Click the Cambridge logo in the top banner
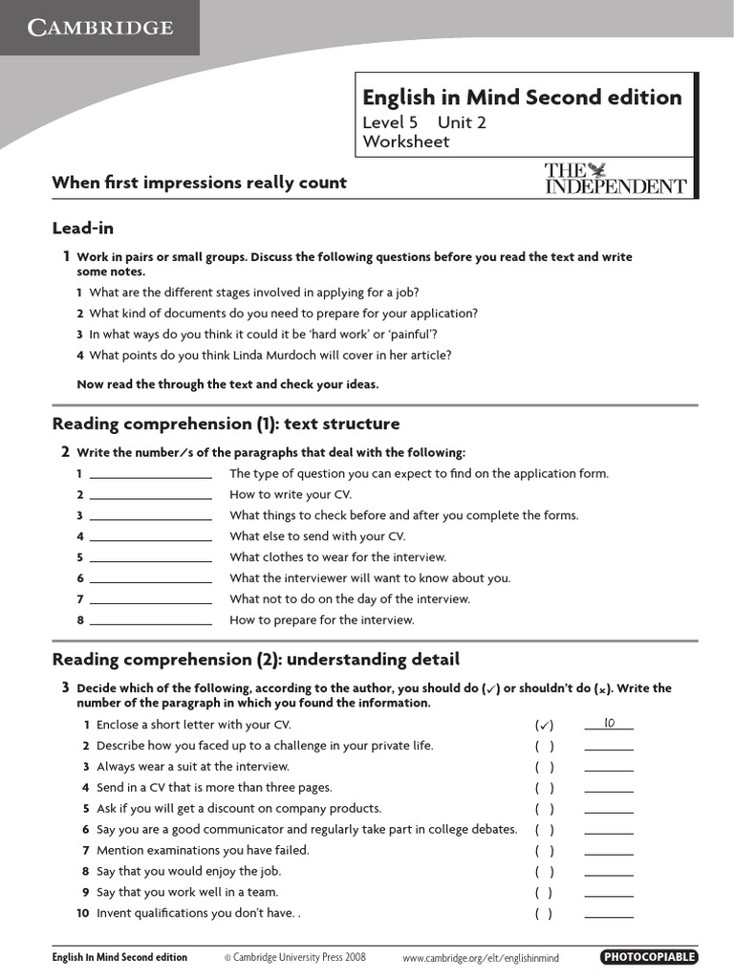[99, 28]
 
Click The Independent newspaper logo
[615, 179]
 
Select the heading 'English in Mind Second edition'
[522, 98]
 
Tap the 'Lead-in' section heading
[83, 228]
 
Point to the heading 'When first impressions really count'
[199, 183]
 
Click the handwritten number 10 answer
[609, 724]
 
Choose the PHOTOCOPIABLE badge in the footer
[649, 957]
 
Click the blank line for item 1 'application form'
[150, 474]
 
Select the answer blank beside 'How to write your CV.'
[150, 495]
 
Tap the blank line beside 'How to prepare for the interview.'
[150, 620]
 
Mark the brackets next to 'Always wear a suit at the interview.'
[545, 767]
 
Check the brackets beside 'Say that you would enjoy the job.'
[545, 871]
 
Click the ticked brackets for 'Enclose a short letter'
[545, 725]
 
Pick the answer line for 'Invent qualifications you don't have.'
[609, 914]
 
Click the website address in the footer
[480, 957]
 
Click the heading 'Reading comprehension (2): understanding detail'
[255, 660]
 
